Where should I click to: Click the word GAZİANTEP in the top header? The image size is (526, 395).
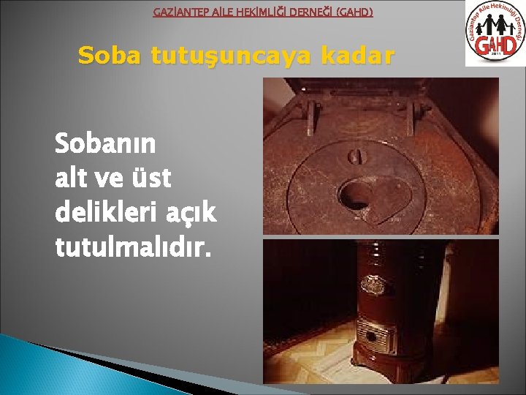(x=178, y=12)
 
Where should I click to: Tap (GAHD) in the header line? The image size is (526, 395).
(x=351, y=12)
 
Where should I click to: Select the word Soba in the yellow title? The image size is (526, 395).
(x=109, y=56)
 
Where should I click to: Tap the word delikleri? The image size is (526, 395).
(x=101, y=212)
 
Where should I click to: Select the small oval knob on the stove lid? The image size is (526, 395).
(x=356, y=156)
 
